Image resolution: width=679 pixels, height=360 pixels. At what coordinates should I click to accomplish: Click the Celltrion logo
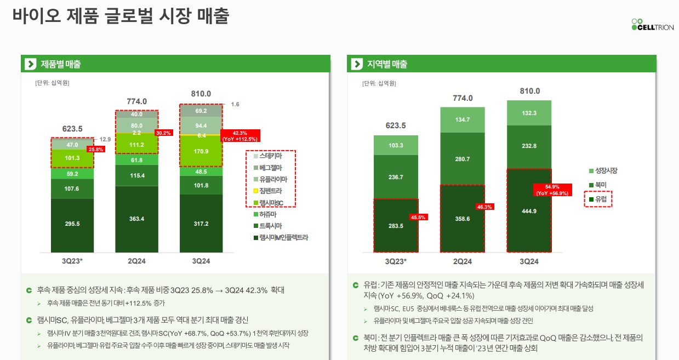pyautogui.click(x=652, y=25)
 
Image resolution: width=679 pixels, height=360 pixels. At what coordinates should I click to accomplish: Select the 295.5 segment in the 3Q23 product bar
pyautogui.click(x=72, y=224)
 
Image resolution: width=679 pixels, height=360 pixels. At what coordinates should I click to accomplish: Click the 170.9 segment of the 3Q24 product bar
pyautogui.click(x=201, y=151)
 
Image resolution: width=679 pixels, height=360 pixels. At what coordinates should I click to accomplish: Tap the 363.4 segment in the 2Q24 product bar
pyautogui.click(x=136, y=219)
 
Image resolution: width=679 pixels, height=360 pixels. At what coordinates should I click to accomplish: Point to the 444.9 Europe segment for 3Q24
pyautogui.click(x=529, y=210)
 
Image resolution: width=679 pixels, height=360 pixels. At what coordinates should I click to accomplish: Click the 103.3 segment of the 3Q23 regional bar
pyautogui.click(x=395, y=146)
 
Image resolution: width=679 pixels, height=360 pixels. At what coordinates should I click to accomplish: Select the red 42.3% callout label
pyautogui.click(x=239, y=136)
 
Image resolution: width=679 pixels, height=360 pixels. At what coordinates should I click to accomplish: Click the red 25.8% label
pyautogui.click(x=96, y=149)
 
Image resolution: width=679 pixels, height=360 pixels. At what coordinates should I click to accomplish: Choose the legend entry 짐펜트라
pyautogui.click(x=271, y=191)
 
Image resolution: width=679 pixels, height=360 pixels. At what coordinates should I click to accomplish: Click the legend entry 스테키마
pyautogui.click(x=271, y=156)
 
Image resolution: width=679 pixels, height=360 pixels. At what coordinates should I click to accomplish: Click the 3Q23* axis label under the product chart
pyautogui.click(x=73, y=261)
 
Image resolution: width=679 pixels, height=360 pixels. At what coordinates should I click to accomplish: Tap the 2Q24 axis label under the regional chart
pyautogui.click(x=463, y=261)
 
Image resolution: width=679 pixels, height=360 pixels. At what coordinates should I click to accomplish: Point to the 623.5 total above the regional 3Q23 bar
pyautogui.click(x=396, y=125)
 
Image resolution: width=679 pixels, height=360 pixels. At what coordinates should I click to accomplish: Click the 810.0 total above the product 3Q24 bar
pyautogui.click(x=201, y=94)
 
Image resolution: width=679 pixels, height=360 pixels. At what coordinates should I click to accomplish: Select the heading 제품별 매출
pyautogui.click(x=61, y=64)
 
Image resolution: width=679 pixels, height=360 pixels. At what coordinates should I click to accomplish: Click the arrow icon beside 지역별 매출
pyautogui.click(x=357, y=64)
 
